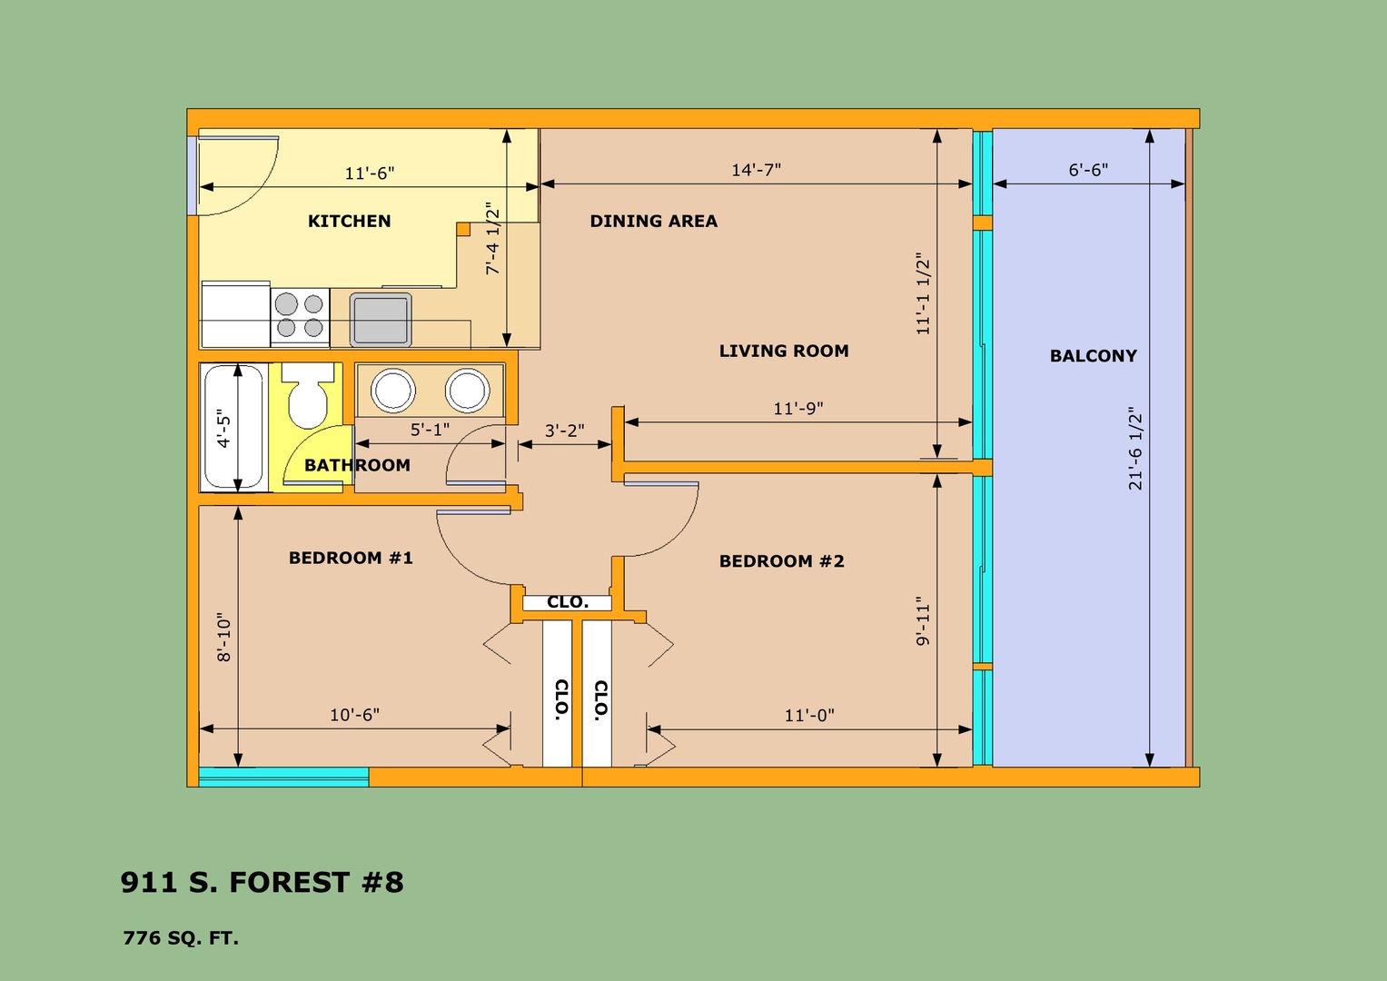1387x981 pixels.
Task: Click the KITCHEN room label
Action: [349, 221]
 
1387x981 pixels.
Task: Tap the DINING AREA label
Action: [654, 221]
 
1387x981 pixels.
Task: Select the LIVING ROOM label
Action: [784, 352]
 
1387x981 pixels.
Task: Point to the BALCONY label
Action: [1094, 356]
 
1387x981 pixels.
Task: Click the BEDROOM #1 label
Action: [351, 558]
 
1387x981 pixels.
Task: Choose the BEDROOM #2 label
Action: [781, 561]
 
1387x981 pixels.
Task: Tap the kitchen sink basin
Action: [381, 320]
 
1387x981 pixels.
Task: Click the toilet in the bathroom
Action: [308, 395]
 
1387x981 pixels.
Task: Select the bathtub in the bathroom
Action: [233, 427]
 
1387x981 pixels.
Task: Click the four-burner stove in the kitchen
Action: [300, 316]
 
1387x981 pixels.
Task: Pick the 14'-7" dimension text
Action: [756, 170]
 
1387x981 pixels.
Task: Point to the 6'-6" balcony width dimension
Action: [1088, 170]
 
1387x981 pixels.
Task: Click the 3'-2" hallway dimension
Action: [564, 431]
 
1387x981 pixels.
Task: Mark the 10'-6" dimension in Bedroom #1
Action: [354, 716]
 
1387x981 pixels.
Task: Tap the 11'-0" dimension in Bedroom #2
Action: [809, 716]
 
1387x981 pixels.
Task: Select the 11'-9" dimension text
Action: [798, 409]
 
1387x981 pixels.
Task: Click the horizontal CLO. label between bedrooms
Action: [568, 602]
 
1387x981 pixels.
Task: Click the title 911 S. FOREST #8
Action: [262, 883]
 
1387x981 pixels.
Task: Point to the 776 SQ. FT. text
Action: [181, 938]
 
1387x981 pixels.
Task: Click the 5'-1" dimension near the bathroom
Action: [430, 430]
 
